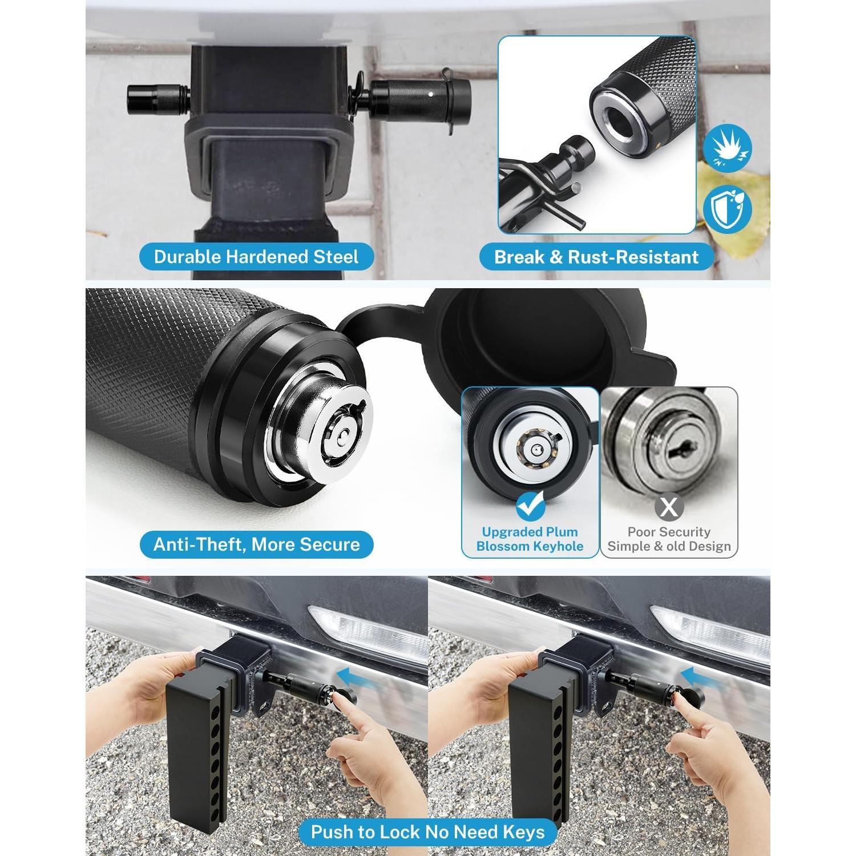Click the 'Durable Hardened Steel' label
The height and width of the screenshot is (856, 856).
click(256, 257)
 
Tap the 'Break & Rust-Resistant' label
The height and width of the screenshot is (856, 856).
click(596, 257)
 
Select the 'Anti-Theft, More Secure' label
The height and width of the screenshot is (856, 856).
click(256, 544)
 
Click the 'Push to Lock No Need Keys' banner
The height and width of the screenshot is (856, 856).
click(427, 831)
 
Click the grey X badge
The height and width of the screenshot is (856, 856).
click(669, 506)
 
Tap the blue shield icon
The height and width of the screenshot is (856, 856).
click(727, 208)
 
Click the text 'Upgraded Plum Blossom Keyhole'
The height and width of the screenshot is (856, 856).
click(530, 539)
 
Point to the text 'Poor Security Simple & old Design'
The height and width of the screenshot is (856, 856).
click(669, 539)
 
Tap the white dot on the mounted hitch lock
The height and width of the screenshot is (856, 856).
click(429, 92)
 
